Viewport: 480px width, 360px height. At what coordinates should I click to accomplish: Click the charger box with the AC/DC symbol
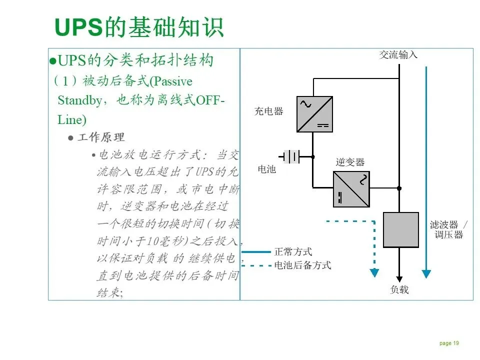pyautogui.click(x=314, y=114)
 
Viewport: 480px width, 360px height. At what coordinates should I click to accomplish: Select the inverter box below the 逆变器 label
pyautogui.click(x=351, y=189)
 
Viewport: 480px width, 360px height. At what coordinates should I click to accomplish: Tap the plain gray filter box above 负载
pyautogui.click(x=400, y=229)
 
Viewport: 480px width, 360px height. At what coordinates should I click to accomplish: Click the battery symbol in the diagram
pyautogui.click(x=291, y=156)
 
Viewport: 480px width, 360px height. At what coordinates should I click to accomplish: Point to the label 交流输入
pyautogui.click(x=398, y=55)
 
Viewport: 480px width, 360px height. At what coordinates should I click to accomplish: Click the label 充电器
pyautogui.click(x=268, y=111)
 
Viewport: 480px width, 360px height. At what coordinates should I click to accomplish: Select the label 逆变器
pyautogui.click(x=350, y=162)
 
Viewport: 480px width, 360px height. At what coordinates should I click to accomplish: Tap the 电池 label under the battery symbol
pyautogui.click(x=266, y=169)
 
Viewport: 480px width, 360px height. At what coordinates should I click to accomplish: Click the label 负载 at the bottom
pyautogui.click(x=399, y=289)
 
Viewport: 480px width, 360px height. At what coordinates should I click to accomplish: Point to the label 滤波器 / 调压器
pyautogui.click(x=448, y=229)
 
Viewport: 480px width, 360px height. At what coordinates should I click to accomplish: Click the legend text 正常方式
pyautogui.click(x=293, y=252)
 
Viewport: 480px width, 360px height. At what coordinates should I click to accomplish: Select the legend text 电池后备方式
pyautogui.click(x=302, y=265)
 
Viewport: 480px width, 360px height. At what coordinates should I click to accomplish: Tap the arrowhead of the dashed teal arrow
pyautogui.click(x=374, y=273)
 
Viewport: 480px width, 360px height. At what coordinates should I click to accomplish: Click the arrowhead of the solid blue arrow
pyautogui.click(x=426, y=273)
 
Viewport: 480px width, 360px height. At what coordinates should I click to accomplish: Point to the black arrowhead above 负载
pyautogui.click(x=399, y=278)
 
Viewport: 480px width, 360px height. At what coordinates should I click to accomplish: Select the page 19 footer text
pyautogui.click(x=449, y=343)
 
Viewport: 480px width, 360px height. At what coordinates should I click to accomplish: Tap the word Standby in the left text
pyautogui.click(x=80, y=100)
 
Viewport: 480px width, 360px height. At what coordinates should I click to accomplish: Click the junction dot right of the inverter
pyautogui.click(x=399, y=188)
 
